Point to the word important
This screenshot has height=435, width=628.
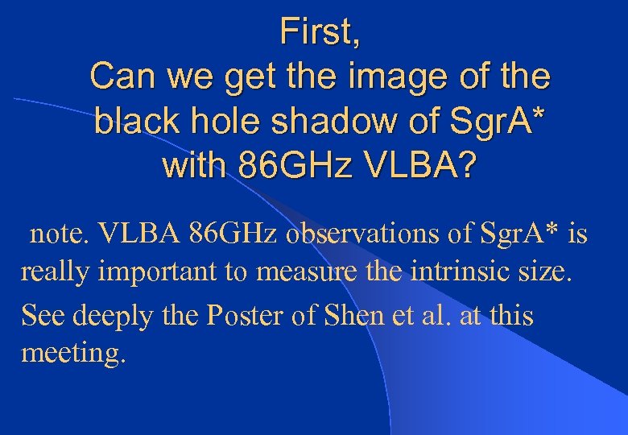[x=158, y=272]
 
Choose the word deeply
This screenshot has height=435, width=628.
[x=114, y=316]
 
